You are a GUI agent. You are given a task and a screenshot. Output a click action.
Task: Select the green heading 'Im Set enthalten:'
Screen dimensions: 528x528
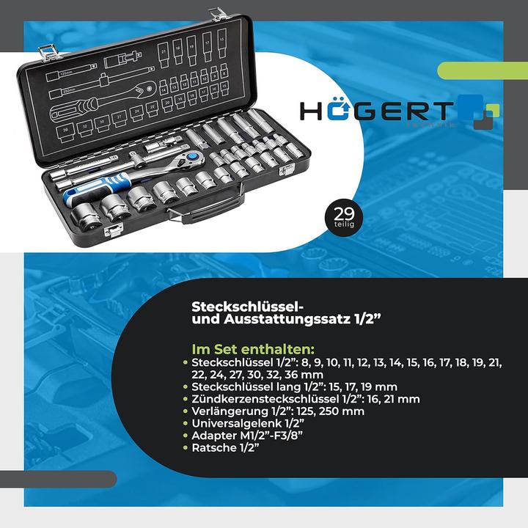[x=253, y=348]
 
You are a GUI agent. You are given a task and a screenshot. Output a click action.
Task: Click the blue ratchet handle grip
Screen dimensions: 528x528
[x=85, y=192]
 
